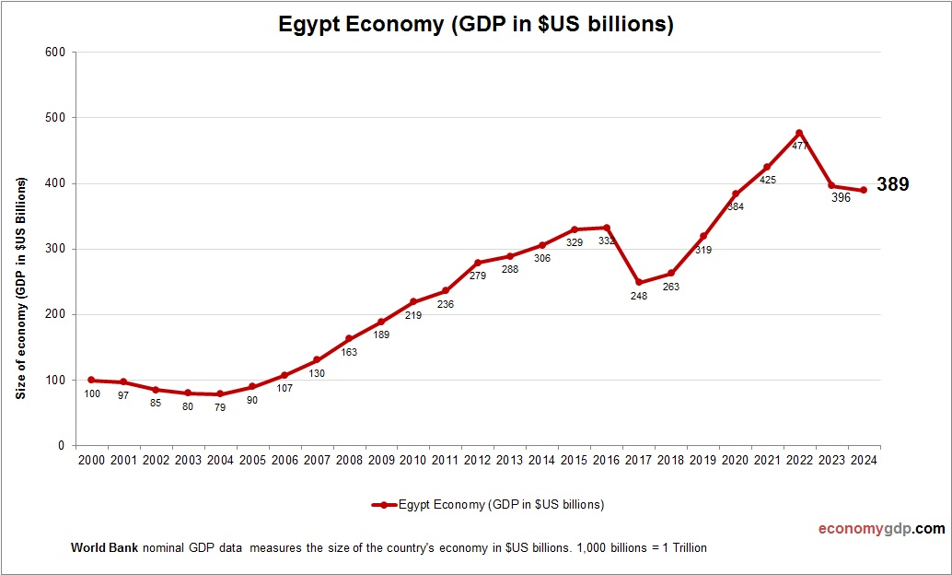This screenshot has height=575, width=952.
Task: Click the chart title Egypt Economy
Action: (x=476, y=25)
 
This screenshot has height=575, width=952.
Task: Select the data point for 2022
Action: (x=799, y=133)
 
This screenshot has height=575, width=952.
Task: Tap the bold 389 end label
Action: (x=892, y=184)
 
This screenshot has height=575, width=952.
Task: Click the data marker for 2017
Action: (x=639, y=283)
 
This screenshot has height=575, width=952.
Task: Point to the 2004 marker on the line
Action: (x=220, y=393)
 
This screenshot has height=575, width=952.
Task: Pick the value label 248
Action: (x=639, y=296)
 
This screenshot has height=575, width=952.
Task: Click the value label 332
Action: (x=607, y=241)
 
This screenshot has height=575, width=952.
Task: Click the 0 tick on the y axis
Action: (x=61, y=446)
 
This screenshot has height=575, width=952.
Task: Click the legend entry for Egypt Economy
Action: (x=488, y=504)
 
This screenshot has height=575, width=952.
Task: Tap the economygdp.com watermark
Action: (x=882, y=529)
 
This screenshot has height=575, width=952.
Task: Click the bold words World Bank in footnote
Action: (x=104, y=547)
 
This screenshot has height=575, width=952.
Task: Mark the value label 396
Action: (x=841, y=198)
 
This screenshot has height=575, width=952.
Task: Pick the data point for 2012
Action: (x=478, y=263)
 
